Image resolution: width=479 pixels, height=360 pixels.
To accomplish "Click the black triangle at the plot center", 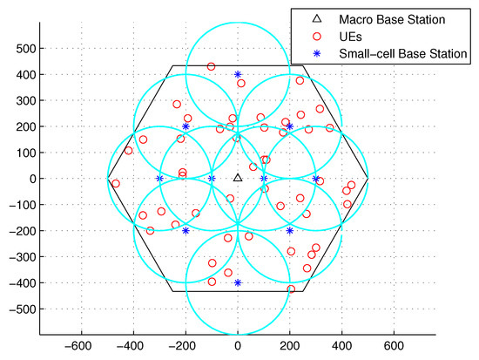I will [238, 178].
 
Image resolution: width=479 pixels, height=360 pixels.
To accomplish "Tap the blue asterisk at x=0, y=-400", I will [238, 282].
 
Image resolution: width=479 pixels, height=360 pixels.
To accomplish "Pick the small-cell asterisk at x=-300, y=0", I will [159, 179].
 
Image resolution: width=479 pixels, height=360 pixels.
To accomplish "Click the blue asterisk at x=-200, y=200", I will [186, 126].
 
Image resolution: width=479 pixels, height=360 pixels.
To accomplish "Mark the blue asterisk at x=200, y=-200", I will [290, 230].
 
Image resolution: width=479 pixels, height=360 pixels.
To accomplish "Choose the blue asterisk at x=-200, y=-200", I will [186, 230].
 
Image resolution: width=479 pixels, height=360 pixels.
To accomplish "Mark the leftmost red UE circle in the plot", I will [116, 183].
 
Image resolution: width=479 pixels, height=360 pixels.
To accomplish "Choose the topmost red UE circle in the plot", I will [211, 66].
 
